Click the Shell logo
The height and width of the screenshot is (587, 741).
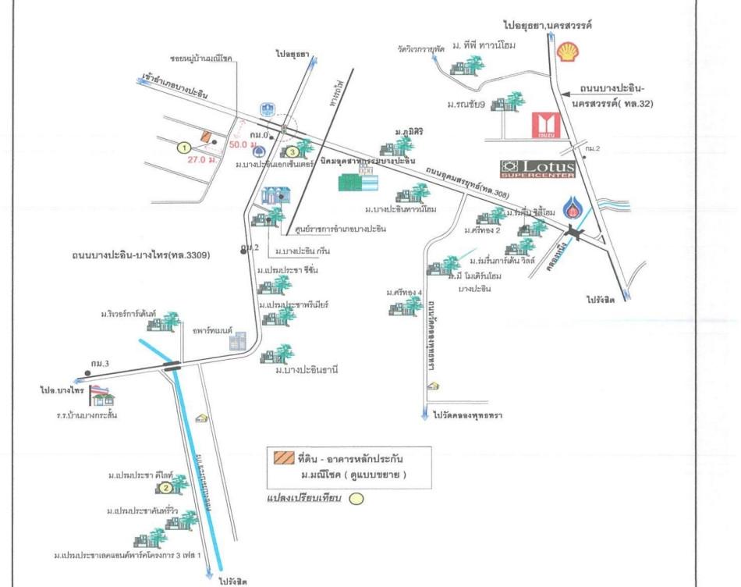pos(567,52)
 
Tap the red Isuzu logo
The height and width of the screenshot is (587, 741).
pos(543,126)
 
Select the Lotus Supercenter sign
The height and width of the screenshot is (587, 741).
pos(537,168)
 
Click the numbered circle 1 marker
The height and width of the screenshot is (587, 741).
pos(184,147)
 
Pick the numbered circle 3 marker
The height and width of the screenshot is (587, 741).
pos(289,151)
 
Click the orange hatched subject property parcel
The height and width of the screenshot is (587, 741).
pos(206,136)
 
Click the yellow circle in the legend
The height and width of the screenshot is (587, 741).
pos(355,500)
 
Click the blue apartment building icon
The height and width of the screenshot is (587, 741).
pos(237,341)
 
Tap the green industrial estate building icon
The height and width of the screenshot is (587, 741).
pos(358,182)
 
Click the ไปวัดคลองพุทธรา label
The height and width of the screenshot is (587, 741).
pos(468,416)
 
